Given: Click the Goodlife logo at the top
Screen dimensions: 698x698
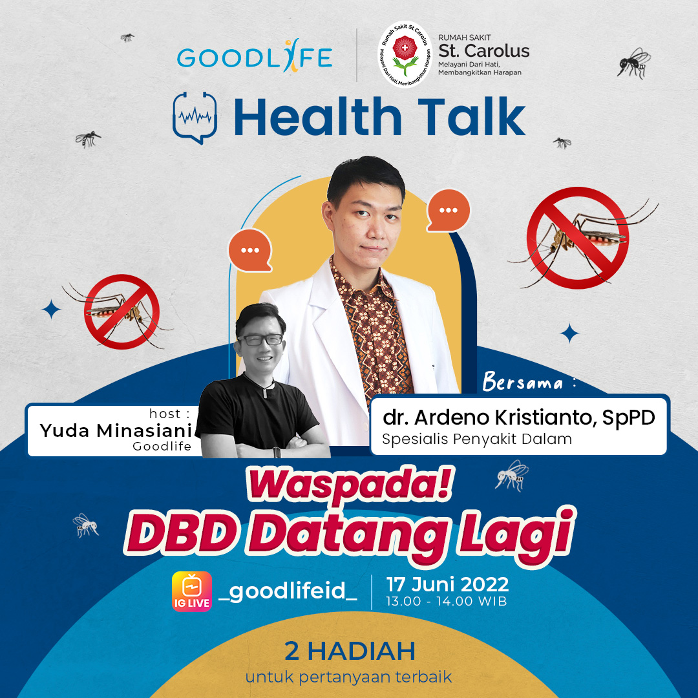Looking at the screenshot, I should [x=255, y=58].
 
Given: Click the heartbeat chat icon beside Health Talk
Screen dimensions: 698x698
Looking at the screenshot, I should [x=195, y=117].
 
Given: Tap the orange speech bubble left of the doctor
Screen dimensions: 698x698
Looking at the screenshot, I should [x=249, y=249].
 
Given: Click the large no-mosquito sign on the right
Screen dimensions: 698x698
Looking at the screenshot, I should [x=577, y=237].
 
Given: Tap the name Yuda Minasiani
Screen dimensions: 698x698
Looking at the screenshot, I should [x=116, y=430].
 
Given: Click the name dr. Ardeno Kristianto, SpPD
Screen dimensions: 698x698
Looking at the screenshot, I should [x=518, y=418].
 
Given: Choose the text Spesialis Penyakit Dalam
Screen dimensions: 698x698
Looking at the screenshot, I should [x=477, y=439].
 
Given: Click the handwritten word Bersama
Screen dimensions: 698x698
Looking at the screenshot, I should [x=523, y=383].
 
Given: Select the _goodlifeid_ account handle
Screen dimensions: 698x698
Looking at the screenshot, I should [x=288, y=591].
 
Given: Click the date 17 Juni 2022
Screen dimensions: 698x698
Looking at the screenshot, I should [x=447, y=585].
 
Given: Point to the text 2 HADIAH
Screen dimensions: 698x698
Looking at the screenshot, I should [x=349, y=651].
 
